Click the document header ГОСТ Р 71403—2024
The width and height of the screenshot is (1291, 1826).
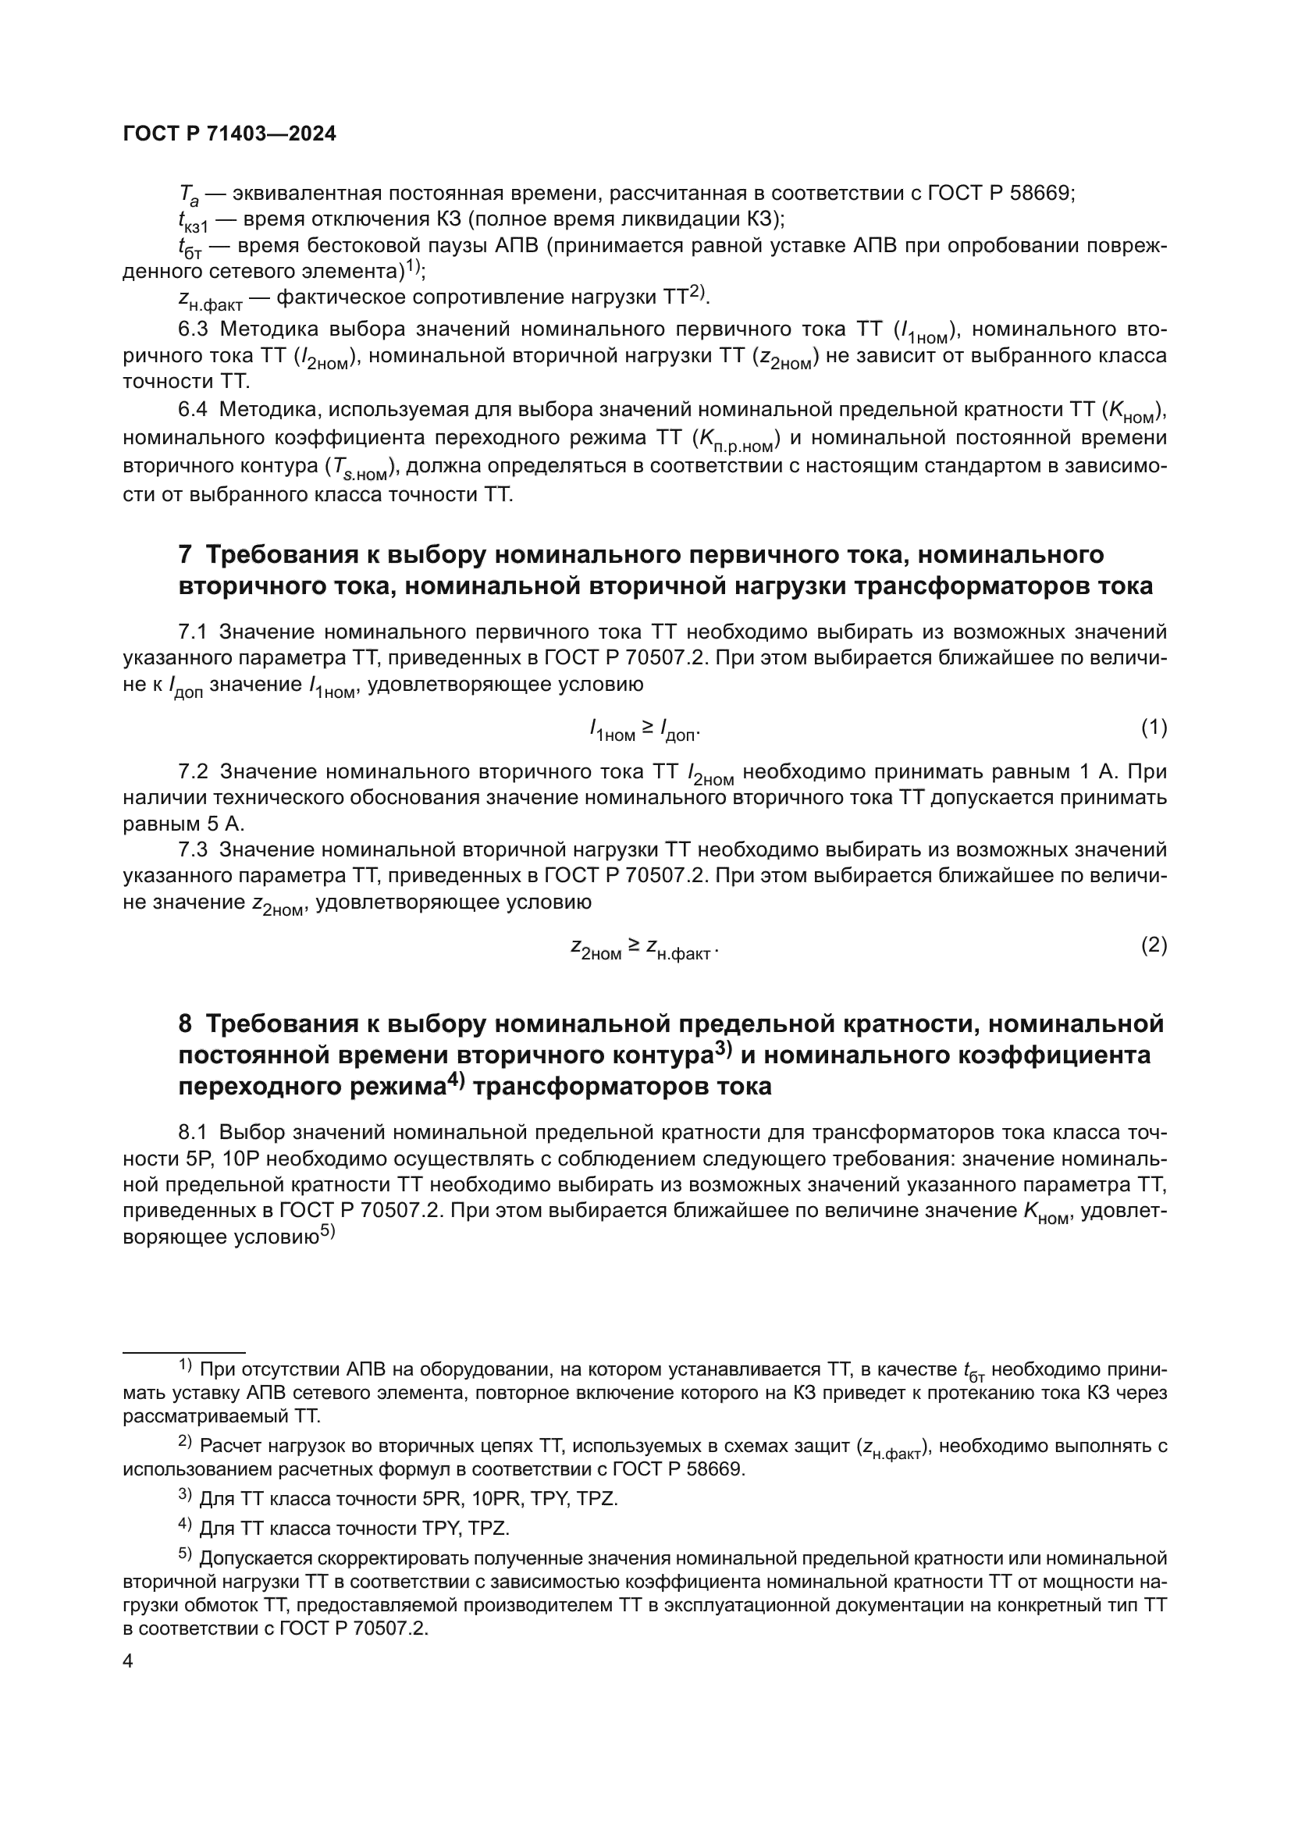point(229,133)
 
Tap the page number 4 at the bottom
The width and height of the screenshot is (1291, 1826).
point(129,1661)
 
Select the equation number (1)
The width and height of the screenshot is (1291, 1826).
point(1154,727)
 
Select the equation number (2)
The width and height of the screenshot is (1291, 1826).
point(1154,945)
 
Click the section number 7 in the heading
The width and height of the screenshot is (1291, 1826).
point(185,554)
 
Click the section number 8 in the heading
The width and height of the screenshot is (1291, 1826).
point(185,1023)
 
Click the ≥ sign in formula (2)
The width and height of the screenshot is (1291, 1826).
point(634,945)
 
